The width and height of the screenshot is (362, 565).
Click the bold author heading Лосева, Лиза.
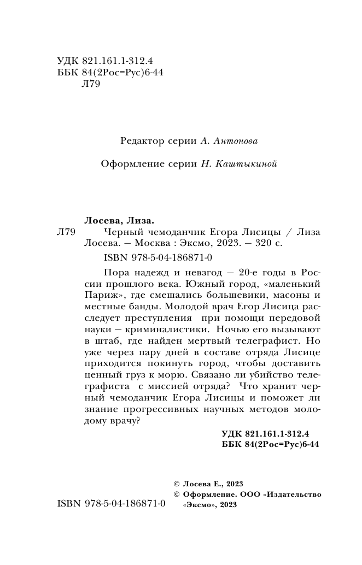119,220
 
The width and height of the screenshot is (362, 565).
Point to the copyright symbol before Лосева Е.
176,484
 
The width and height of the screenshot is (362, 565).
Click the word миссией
167,387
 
